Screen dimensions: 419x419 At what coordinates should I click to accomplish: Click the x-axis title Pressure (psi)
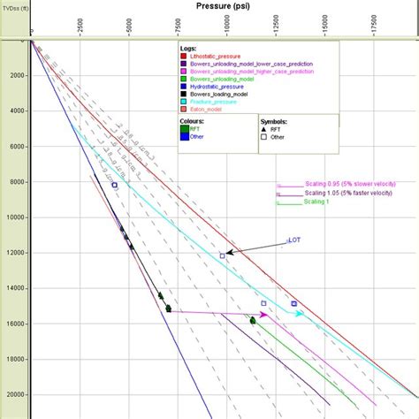(x=225, y=6)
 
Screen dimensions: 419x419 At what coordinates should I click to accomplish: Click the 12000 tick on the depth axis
(x=15, y=253)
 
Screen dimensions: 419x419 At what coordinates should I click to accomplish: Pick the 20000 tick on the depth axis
(x=15, y=395)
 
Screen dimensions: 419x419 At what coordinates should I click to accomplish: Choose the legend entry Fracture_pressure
(x=217, y=103)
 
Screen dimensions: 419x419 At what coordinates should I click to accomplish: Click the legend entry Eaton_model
(x=211, y=110)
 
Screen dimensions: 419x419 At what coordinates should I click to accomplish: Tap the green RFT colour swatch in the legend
(x=184, y=129)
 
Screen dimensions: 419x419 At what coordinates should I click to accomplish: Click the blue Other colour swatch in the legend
(x=184, y=137)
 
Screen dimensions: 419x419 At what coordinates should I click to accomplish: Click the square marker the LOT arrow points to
(x=223, y=255)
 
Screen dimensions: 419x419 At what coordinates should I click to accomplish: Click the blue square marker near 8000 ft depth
(x=114, y=185)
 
